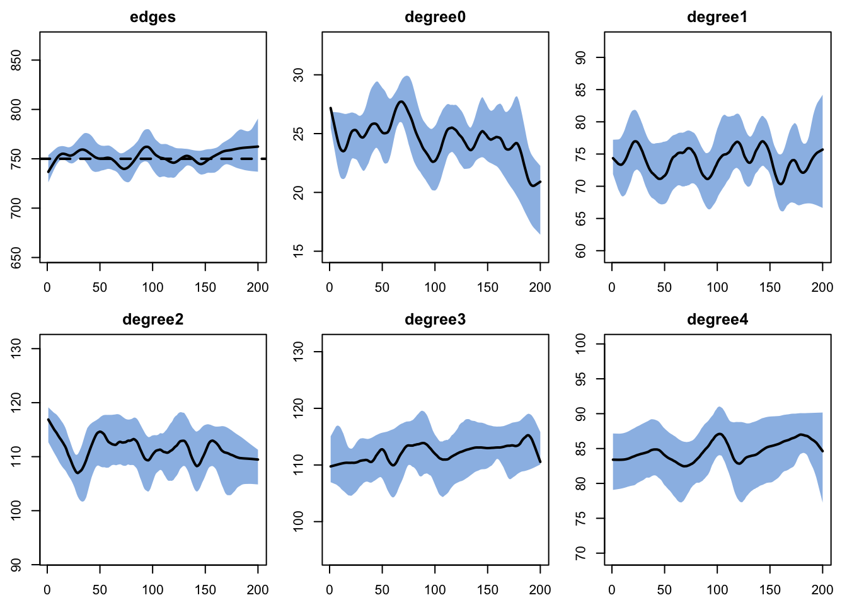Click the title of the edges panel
pyautogui.click(x=153, y=18)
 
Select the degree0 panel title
pyautogui.click(x=435, y=18)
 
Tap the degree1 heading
pyautogui.click(x=717, y=18)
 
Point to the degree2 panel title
pyautogui.click(x=153, y=320)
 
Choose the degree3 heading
pyautogui.click(x=435, y=320)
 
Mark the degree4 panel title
pyautogui.click(x=717, y=320)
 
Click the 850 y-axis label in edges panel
pyautogui.click(x=16, y=60)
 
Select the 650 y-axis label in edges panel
pyautogui.click(x=16, y=258)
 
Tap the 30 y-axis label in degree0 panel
pyautogui.click(x=298, y=75)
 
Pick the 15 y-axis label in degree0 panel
pyautogui.click(x=298, y=251)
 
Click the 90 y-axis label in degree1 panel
pyautogui.click(x=580, y=57)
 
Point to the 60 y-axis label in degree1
pyautogui.click(x=580, y=251)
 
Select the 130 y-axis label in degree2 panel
pyautogui.click(x=16, y=349)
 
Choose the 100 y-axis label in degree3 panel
pyautogui.click(x=298, y=521)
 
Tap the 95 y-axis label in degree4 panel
pyautogui.click(x=580, y=379)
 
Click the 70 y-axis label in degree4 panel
pyautogui.click(x=580, y=553)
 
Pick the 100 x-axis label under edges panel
pyautogui.click(x=153, y=287)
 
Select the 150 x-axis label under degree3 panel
pyautogui.click(x=487, y=590)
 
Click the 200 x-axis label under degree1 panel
pyautogui.click(x=822, y=287)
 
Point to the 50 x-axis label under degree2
pyautogui.click(x=100, y=590)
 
